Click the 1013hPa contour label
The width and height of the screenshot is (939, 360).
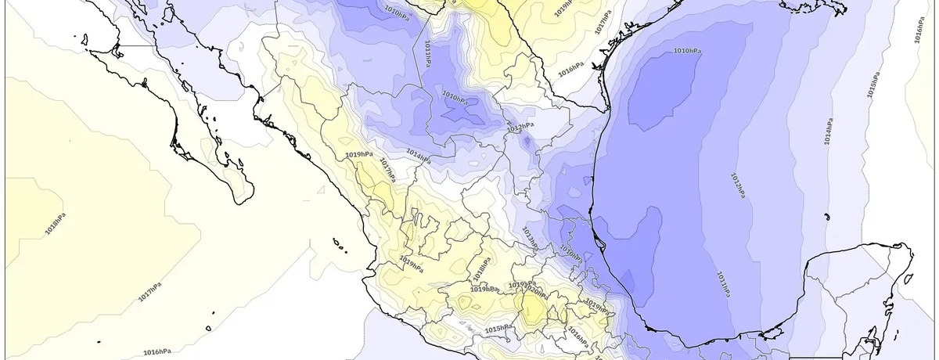(x=529, y=235)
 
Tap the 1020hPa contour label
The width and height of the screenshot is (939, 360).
(x=536, y=291)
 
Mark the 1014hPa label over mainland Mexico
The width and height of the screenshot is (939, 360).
(x=419, y=157)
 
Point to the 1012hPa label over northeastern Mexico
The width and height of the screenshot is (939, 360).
(x=520, y=126)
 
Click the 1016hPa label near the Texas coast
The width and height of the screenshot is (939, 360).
(x=570, y=70)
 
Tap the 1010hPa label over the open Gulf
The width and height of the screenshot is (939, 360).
(x=688, y=51)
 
